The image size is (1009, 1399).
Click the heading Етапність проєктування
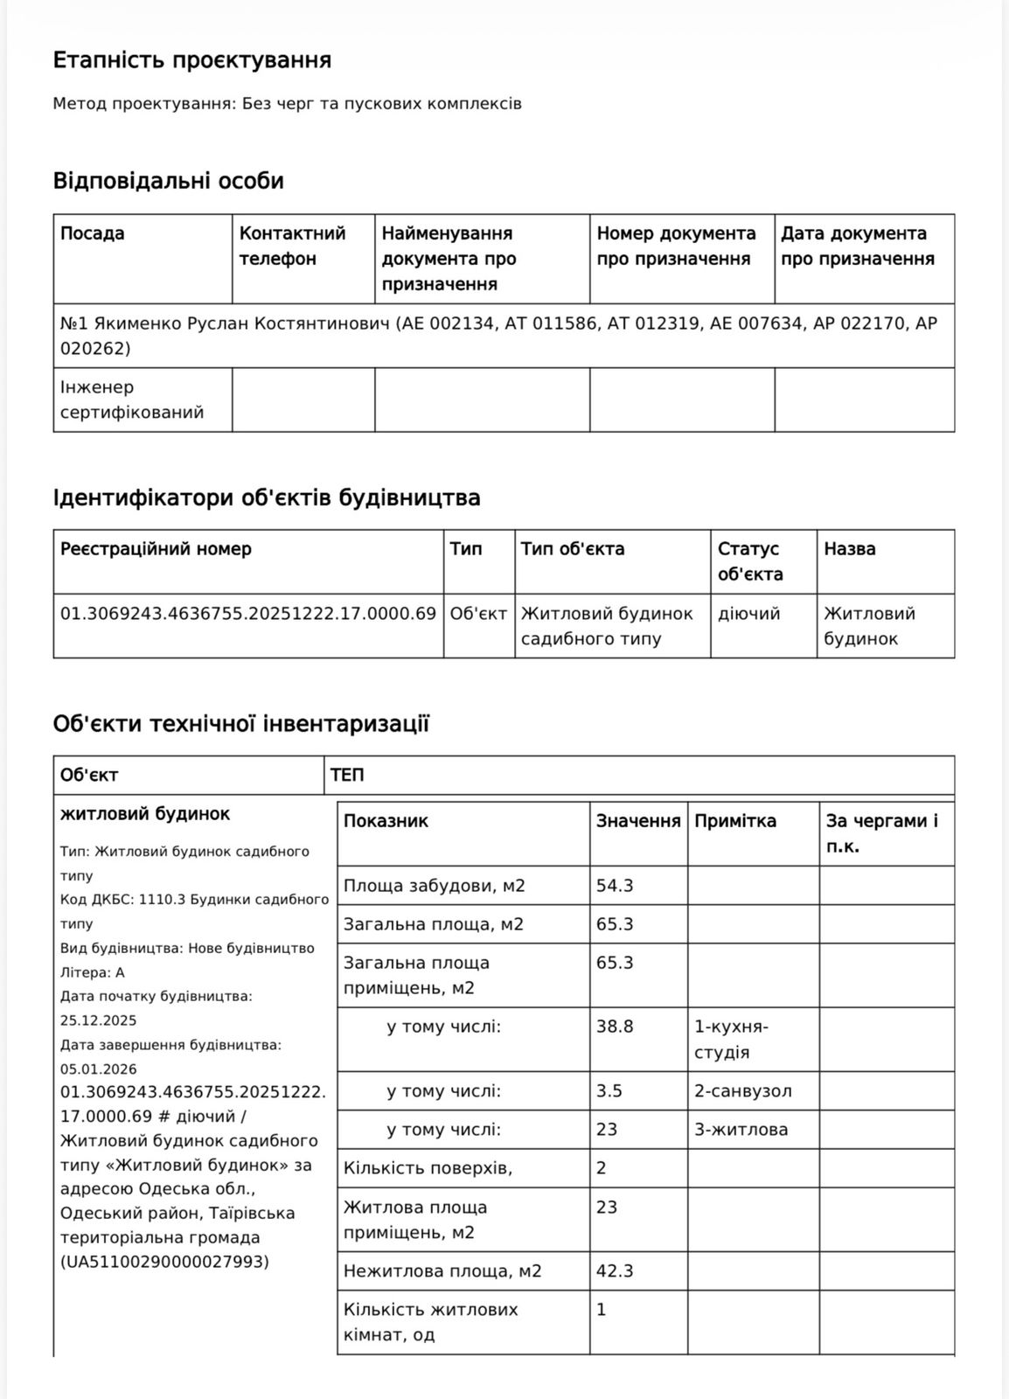(x=192, y=60)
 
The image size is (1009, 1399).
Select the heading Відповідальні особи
(x=169, y=181)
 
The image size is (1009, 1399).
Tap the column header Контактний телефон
(x=293, y=246)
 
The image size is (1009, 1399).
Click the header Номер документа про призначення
(x=676, y=246)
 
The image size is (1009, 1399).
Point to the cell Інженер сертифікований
(x=132, y=400)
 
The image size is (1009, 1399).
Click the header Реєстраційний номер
(x=156, y=549)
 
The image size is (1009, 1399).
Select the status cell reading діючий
(x=748, y=614)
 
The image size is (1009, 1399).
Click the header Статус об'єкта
(x=750, y=561)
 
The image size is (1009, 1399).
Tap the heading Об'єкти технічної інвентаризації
(x=241, y=724)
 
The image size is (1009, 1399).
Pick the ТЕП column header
(x=347, y=776)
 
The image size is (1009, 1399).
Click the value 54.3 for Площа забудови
(x=615, y=886)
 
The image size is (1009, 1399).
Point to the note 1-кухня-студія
(x=731, y=1039)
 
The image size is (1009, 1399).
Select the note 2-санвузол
(x=743, y=1091)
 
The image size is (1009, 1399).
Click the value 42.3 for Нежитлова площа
(x=615, y=1270)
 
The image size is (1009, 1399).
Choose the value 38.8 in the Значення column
(x=615, y=1027)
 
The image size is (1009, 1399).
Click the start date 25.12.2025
(x=99, y=1020)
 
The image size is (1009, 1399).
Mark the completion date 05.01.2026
(x=99, y=1068)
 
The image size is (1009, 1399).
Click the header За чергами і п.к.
(x=881, y=833)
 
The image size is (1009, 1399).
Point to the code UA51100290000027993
(x=164, y=1262)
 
